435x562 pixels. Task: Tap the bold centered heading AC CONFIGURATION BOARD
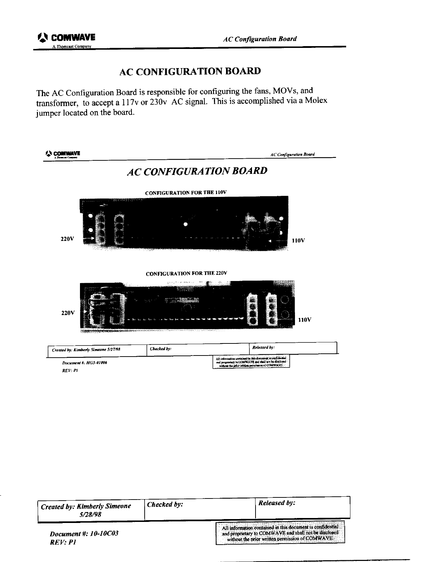click(x=190, y=71)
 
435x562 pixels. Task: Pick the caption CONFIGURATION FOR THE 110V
click(x=186, y=193)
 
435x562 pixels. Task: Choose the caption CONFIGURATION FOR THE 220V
click(x=186, y=274)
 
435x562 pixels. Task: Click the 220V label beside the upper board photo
click(x=67, y=239)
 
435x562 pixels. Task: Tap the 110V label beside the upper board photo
click(x=298, y=241)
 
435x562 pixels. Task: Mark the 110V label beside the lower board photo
click(x=305, y=320)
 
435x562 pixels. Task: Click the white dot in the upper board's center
click(x=185, y=224)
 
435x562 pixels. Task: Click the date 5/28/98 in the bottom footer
click(x=91, y=514)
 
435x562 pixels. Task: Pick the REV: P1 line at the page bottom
click(x=63, y=542)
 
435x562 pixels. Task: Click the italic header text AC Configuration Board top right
click(x=259, y=39)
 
